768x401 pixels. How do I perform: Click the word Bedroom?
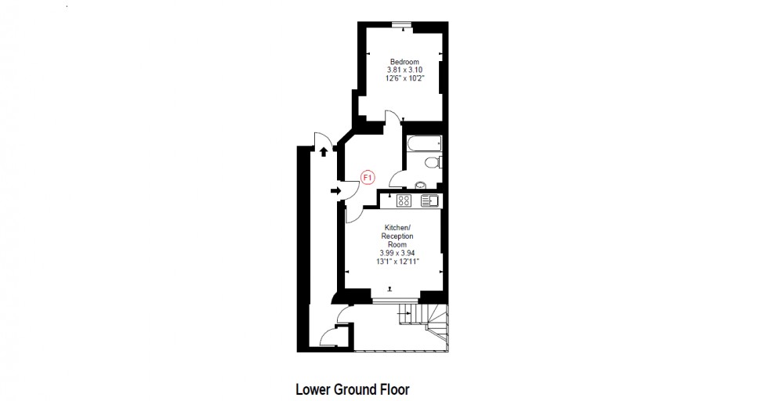click(x=404, y=62)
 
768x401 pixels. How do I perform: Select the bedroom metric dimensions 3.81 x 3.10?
click(x=404, y=70)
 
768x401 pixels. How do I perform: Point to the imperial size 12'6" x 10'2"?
click(x=404, y=79)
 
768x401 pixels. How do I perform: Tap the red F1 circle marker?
click(x=368, y=178)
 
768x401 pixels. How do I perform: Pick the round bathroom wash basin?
click(x=421, y=186)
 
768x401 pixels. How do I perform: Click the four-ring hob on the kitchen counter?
click(x=404, y=200)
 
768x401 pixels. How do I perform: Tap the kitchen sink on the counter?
click(x=430, y=200)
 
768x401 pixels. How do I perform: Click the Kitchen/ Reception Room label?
click(x=397, y=236)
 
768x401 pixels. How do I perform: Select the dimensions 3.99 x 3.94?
click(x=397, y=253)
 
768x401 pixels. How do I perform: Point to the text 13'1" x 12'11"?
click(x=397, y=262)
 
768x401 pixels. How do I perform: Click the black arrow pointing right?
click(x=335, y=190)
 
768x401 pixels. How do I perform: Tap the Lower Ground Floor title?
click(x=352, y=388)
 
